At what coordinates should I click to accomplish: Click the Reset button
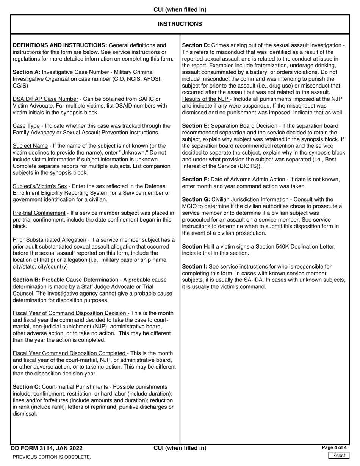[338, 455]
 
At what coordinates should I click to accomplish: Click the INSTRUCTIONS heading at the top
[180, 24]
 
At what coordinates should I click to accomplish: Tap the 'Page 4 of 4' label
[334, 448]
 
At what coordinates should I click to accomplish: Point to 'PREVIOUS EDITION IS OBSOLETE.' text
[52, 457]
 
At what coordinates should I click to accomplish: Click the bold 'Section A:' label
[27, 72]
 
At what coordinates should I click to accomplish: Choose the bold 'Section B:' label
[27, 280]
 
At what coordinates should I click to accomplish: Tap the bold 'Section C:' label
[27, 387]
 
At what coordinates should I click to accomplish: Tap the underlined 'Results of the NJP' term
[205, 99]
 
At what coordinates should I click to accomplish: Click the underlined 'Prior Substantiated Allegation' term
[49, 240]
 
